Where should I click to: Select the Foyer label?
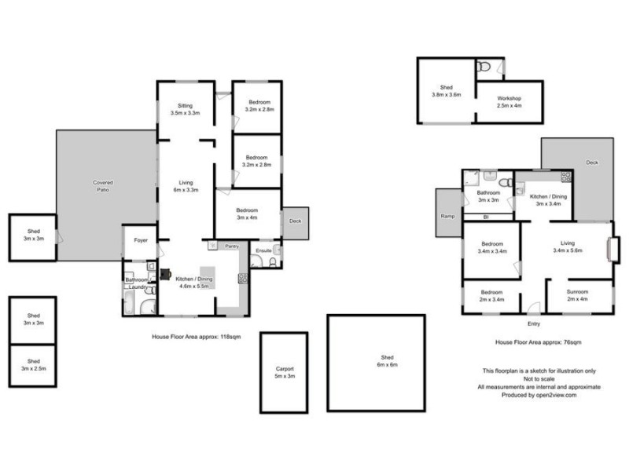tap(141, 240)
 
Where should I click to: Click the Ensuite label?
tap(263, 250)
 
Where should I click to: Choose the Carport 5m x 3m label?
tap(284, 371)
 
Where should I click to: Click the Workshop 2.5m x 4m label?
tap(509, 101)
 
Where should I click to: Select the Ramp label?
tap(447, 216)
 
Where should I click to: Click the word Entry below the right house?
tap(535, 323)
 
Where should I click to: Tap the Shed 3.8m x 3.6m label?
tap(446, 91)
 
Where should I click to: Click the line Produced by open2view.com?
tap(539, 395)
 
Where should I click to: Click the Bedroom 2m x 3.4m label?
tap(491, 295)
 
